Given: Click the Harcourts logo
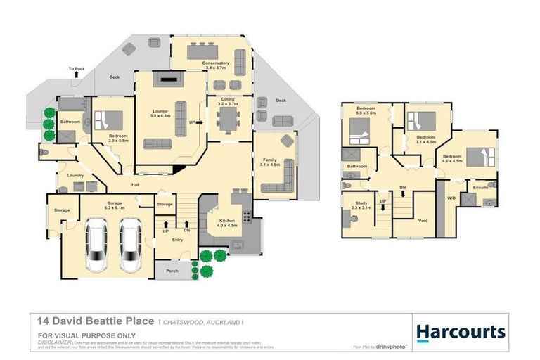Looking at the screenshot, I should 461,332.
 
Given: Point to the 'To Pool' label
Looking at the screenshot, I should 75,69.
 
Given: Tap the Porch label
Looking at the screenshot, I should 172,269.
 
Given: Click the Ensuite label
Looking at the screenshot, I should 481,188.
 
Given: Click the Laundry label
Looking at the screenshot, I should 76,175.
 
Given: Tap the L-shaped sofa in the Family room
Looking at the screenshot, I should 278,184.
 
